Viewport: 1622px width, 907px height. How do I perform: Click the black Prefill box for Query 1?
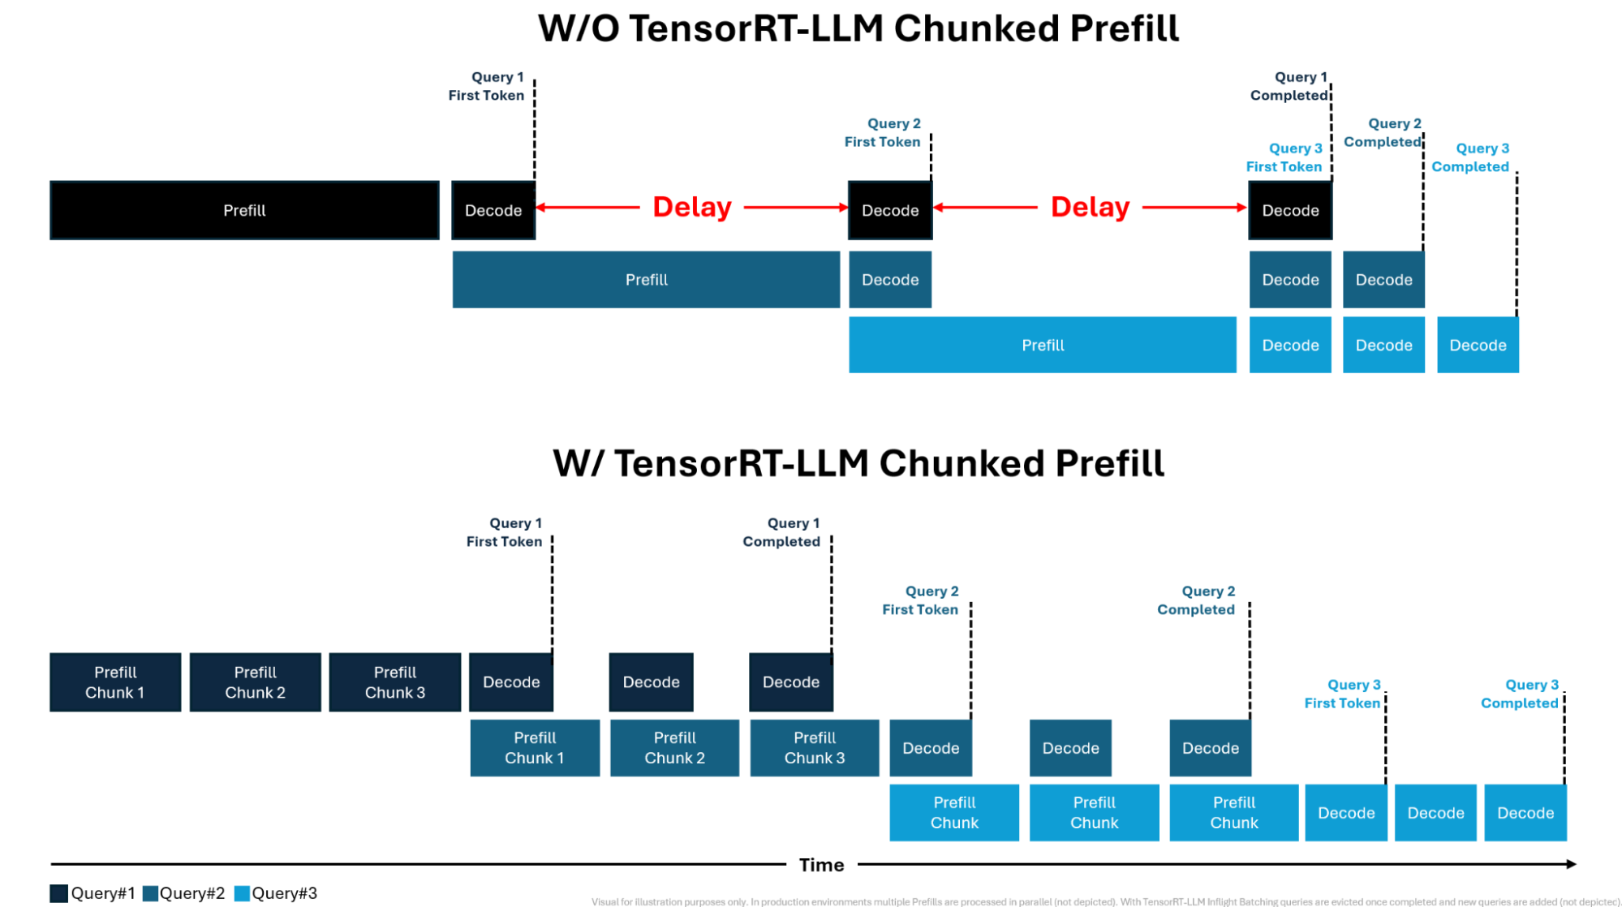coord(244,210)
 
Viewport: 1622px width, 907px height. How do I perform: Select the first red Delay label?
coord(692,207)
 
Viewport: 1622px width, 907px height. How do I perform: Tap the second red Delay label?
coord(1090,207)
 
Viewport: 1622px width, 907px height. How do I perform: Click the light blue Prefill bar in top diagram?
coord(1042,345)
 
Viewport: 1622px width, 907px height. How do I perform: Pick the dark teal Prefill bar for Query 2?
coord(646,279)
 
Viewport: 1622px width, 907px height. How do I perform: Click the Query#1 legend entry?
coord(93,893)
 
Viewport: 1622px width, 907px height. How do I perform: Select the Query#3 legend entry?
coord(276,893)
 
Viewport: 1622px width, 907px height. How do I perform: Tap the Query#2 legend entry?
coord(184,893)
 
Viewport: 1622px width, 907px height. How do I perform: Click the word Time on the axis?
coord(821,865)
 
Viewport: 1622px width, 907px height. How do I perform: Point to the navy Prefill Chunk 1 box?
coord(115,682)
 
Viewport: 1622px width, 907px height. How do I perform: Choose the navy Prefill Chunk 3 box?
coord(394,682)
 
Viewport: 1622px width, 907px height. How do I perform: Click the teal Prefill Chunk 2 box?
coord(674,748)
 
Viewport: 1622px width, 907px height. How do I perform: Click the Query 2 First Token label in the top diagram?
coord(883,132)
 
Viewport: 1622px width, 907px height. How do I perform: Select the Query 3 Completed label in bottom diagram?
coord(1520,694)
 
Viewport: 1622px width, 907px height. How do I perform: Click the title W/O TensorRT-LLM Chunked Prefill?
coord(858,28)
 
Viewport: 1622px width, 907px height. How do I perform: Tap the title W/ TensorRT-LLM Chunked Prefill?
coord(858,463)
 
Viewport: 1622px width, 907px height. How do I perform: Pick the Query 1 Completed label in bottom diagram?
coord(782,532)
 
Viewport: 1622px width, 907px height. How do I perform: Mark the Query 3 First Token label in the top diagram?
coord(1284,157)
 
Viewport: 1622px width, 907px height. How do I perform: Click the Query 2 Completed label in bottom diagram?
coord(1197,600)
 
